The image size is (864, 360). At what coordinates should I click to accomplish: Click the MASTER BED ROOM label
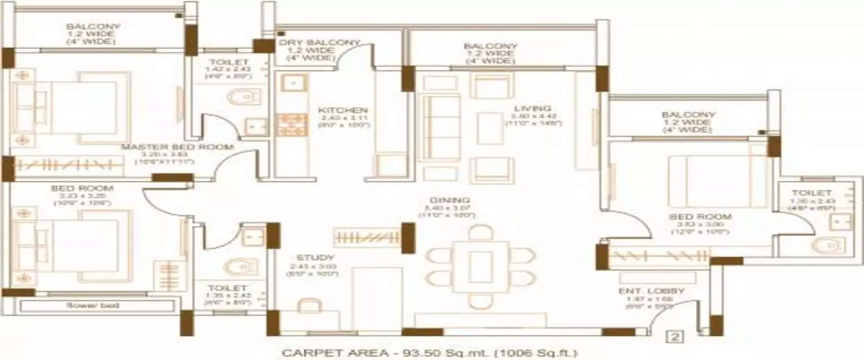point(177,147)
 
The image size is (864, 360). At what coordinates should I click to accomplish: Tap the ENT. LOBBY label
point(651,291)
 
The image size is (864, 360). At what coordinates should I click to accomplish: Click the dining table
point(480,266)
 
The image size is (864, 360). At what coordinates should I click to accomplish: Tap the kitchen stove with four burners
point(293,124)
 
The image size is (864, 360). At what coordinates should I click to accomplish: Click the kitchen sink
point(293,84)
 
